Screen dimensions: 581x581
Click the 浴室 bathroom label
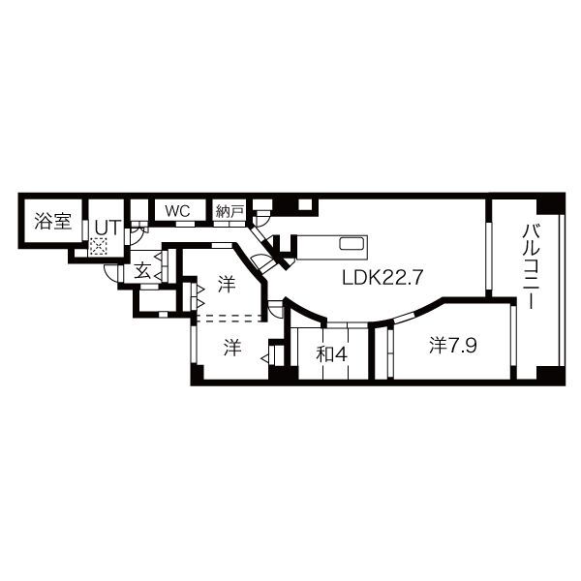click(x=53, y=221)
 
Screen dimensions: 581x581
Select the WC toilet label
click(x=176, y=210)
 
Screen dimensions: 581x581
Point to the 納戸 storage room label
click(x=229, y=210)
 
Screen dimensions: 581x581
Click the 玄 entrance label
click(x=142, y=271)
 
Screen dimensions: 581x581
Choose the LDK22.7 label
click(x=382, y=277)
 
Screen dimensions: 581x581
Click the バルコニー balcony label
click(x=531, y=266)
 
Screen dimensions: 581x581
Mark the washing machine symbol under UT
click(x=98, y=247)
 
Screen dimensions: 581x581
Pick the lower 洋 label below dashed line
click(x=232, y=347)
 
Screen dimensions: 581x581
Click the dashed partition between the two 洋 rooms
click(x=230, y=317)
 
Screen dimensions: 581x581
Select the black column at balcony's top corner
click(x=549, y=204)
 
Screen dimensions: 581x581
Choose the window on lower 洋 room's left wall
click(x=194, y=344)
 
